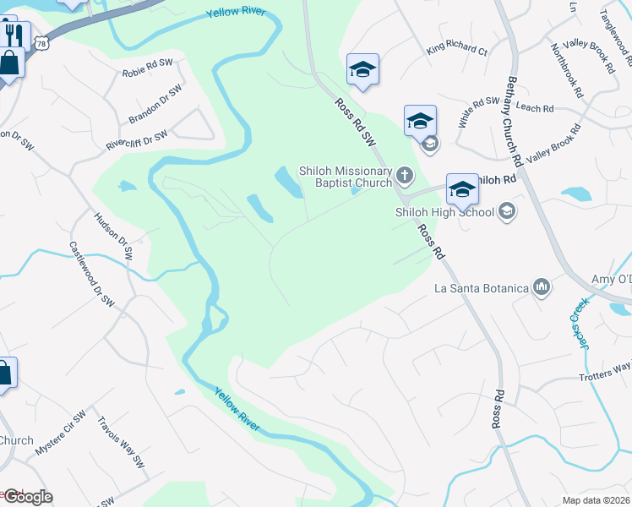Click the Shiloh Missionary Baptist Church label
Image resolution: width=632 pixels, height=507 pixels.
pyautogui.click(x=346, y=176)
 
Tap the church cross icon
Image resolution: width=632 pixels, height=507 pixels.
pyautogui.click(x=405, y=176)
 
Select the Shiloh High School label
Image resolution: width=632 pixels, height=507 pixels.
pyautogui.click(x=443, y=212)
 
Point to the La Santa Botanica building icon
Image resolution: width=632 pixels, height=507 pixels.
pyautogui.click(x=542, y=288)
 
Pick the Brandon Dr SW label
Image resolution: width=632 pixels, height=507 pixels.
pyautogui.click(x=155, y=104)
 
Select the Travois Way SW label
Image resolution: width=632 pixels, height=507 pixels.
pyautogui.click(x=121, y=442)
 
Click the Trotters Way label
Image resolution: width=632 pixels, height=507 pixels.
pyautogui.click(x=605, y=371)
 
